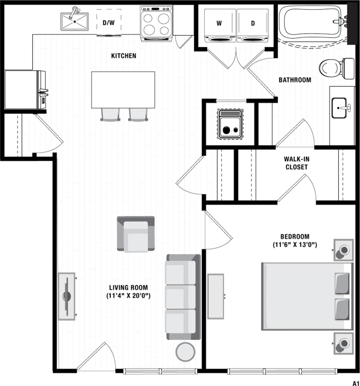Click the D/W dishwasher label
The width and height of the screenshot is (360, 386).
pyautogui.click(x=109, y=23)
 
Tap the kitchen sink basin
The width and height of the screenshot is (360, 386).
pyautogui.click(x=74, y=21)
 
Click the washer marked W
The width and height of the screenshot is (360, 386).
pyautogui.click(x=219, y=25)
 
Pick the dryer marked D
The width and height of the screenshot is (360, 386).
pyautogui.click(x=253, y=25)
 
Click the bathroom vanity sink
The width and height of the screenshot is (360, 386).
pyautogui.click(x=340, y=108)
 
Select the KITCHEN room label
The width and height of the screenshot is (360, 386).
pyautogui.click(x=124, y=56)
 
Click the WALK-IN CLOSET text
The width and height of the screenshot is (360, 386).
pyautogui.click(x=296, y=163)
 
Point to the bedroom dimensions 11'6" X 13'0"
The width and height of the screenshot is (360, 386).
pyautogui.click(x=295, y=245)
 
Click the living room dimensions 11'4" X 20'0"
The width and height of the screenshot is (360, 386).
pyautogui.click(x=128, y=296)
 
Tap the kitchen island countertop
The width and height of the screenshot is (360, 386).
pyautogui.click(x=123, y=90)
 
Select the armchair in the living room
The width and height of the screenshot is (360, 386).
pyautogui.click(x=136, y=234)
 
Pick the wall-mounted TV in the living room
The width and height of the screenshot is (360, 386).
pyautogui.click(x=67, y=296)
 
